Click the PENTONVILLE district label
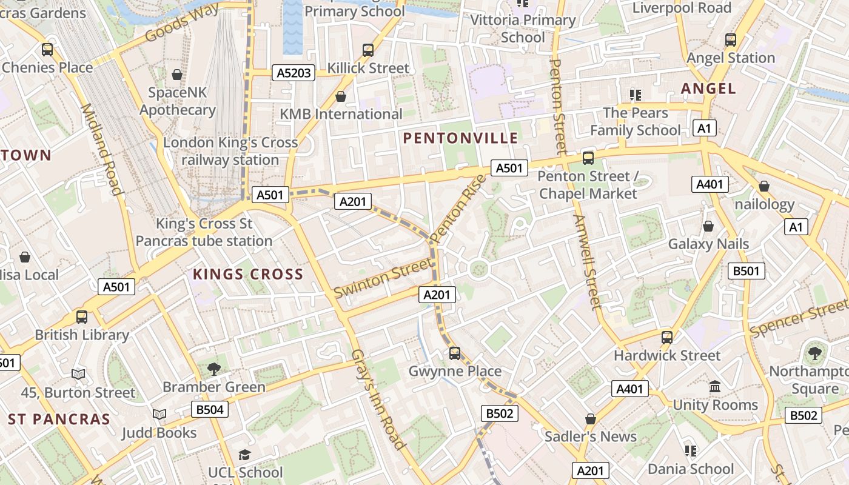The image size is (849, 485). click(x=460, y=138)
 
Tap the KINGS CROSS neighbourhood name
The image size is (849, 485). click(x=248, y=274)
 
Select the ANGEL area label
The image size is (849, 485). click(x=708, y=89)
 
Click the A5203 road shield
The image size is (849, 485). click(x=294, y=73)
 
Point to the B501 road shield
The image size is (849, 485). click(x=746, y=271)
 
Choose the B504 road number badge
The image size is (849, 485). click(x=210, y=409)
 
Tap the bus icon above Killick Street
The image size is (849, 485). click(x=368, y=50)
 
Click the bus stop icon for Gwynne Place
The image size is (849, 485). click(x=455, y=353)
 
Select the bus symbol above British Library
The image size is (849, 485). click(x=81, y=316)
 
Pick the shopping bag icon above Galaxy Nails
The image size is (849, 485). click(x=708, y=226)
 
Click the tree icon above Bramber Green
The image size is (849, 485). click(x=213, y=369)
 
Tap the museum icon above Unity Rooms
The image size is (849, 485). click(x=715, y=387)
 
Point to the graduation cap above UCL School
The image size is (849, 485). click(x=244, y=455)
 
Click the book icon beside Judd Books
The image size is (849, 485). click(x=159, y=414)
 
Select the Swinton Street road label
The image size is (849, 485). click(x=384, y=278)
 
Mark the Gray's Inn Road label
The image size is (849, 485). click(x=378, y=400)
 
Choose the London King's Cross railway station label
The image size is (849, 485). click(x=230, y=151)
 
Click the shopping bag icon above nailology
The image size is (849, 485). click(x=764, y=186)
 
